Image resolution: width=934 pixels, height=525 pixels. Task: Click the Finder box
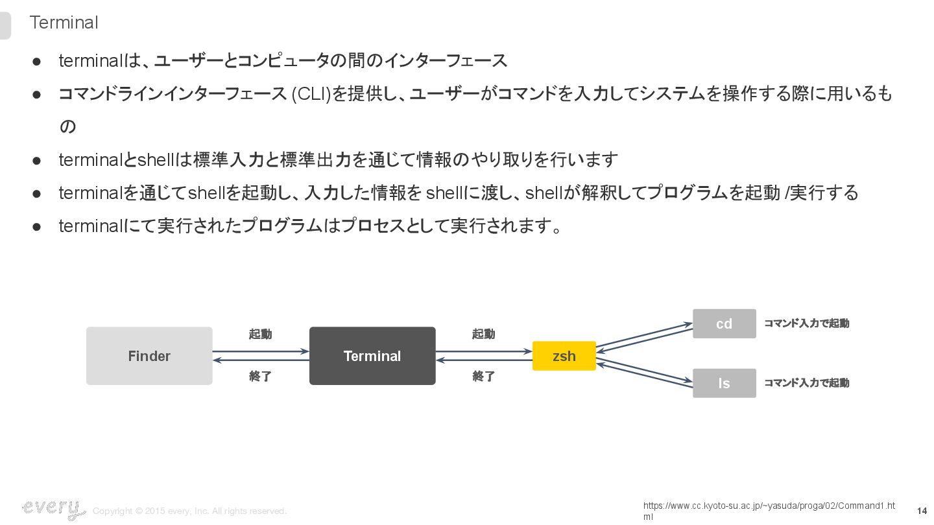coord(149,356)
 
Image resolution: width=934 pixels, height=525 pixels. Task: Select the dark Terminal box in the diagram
coord(372,356)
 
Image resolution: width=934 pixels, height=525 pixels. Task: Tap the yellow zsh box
coord(564,356)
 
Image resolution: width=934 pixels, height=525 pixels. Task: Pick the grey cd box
coord(724,323)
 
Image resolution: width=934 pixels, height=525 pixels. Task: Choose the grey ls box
coord(724,383)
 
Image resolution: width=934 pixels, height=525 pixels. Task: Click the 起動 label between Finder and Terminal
coord(261,334)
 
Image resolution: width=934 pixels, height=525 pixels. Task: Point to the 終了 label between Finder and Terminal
coord(261,376)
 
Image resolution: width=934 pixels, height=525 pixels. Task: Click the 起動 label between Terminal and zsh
coord(483,334)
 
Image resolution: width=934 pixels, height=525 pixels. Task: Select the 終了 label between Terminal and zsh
coord(483,376)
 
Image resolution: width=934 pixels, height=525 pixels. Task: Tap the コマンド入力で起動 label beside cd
coord(806,323)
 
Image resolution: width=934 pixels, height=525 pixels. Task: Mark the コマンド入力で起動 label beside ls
coord(806,383)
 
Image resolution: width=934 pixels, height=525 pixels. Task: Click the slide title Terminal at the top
coord(64,23)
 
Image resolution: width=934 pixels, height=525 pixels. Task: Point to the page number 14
coord(922,511)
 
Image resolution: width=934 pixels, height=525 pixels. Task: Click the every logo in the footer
coord(53,509)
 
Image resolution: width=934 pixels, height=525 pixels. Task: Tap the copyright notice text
coord(189,511)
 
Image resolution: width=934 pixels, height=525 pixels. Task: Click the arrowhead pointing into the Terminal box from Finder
coord(305,352)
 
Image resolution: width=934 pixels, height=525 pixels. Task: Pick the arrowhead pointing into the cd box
coord(689,323)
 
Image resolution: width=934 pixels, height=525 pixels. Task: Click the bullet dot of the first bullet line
coord(37,61)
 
